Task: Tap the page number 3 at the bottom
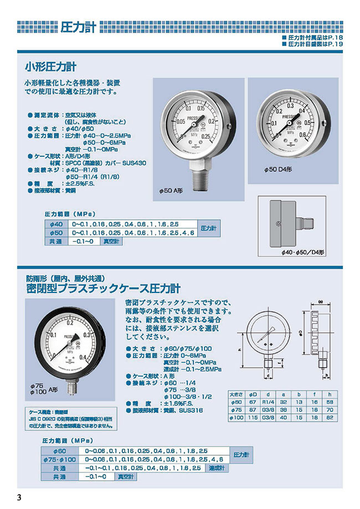20,496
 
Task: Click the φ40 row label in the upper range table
55,224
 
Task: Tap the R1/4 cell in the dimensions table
269,401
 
